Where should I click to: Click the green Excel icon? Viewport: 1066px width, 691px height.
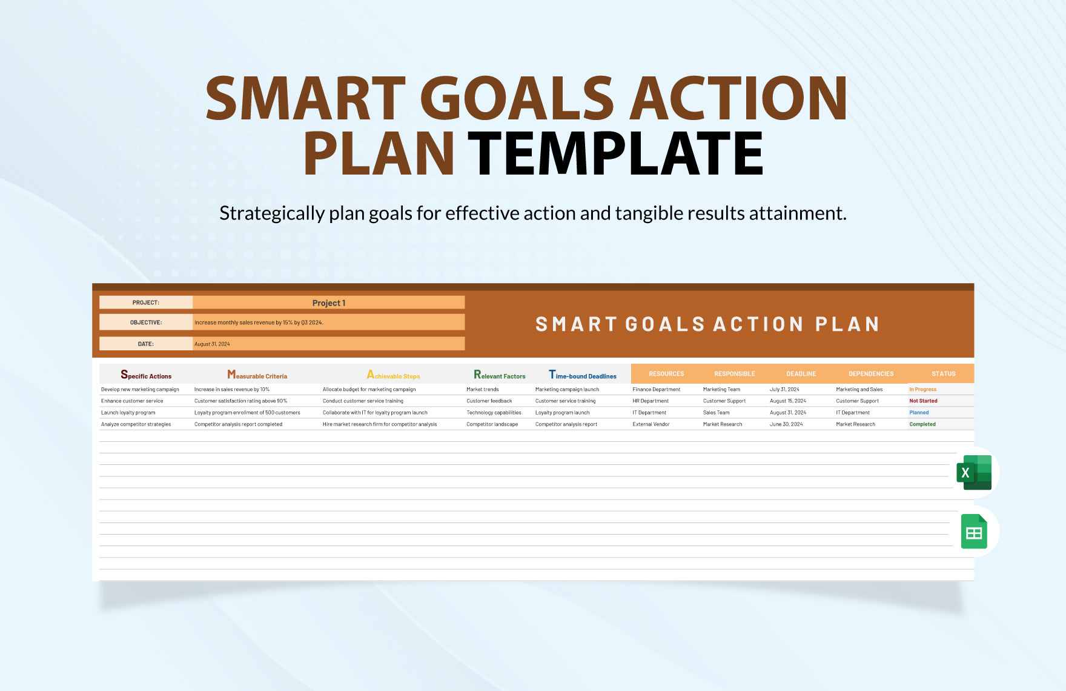click(973, 472)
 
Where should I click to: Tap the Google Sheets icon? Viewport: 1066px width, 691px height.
click(974, 532)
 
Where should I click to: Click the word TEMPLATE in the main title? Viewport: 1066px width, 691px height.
click(615, 154)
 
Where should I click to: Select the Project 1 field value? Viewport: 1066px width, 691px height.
click(328, 302)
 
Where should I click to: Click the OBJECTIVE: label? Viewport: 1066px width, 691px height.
click(146, 322)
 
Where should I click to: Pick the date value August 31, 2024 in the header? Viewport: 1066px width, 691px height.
click(212, 344)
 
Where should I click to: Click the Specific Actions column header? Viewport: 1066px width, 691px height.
click(146, 375)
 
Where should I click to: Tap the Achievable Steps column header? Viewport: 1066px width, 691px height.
click(393, 375)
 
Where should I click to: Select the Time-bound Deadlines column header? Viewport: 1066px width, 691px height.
click(583, 375)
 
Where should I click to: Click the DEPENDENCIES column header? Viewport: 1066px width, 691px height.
click(870, 373)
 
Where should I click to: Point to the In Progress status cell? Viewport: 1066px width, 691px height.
click(922, 389)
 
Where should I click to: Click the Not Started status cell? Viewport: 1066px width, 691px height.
click(923, 401)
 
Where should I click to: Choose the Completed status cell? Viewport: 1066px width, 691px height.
click(922, 424)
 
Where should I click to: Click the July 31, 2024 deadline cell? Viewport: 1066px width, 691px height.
click(784, 389)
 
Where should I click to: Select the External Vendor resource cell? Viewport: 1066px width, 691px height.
click(651, 424)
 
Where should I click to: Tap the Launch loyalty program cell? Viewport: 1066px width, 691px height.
click(128, 413)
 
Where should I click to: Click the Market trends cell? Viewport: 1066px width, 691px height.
click(483, 389)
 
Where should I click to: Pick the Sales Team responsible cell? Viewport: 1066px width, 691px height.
click(716, 413)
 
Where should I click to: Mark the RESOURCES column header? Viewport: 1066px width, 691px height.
click(666, 373)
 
